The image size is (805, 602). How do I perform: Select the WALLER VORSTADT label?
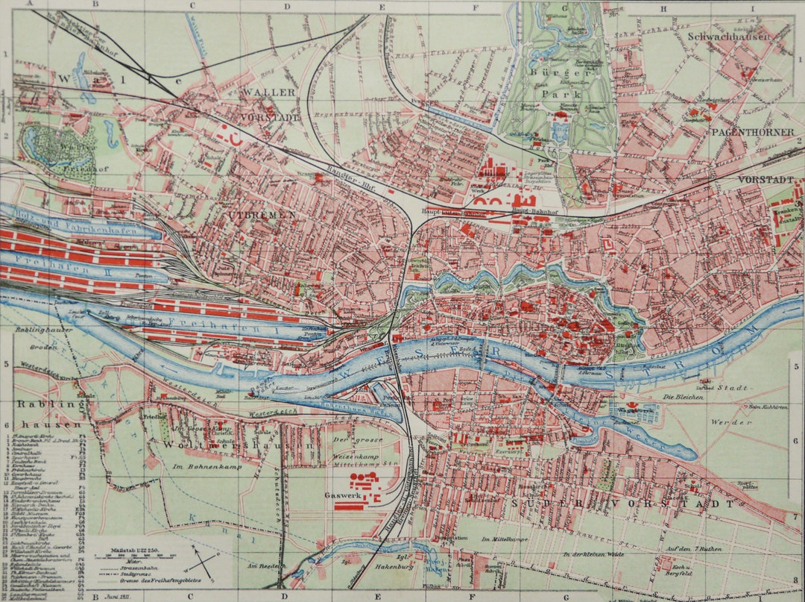(268, 104)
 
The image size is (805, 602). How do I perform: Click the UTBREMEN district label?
(262, 215)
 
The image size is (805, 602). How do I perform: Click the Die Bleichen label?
(678, 398)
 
